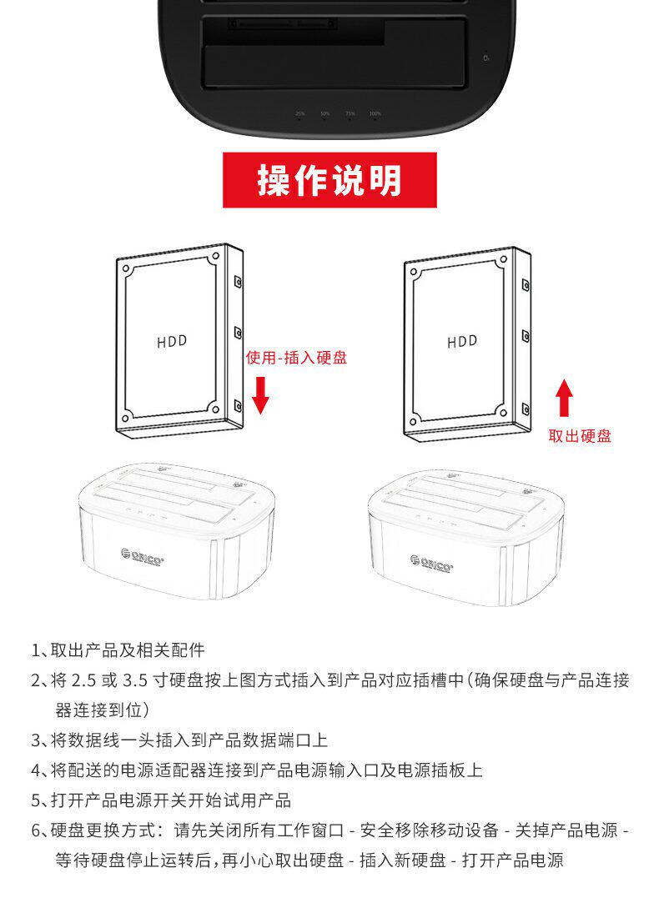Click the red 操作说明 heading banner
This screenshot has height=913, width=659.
coord(329,180)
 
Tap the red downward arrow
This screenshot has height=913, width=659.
coord(260,394)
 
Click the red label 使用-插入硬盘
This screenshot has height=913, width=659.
coord(296,358)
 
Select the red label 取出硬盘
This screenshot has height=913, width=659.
coord(580,435)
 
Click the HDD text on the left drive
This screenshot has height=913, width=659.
coord(172,341)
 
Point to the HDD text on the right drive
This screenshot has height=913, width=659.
coord(462,341)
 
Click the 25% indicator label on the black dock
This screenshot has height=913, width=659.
coord(299,113)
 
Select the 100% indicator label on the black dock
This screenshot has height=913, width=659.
coord(375,113)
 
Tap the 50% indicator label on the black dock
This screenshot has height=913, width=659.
coord(324,113)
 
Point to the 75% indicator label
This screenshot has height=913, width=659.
coord(350,113)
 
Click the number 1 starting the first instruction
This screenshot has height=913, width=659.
coord(36,650)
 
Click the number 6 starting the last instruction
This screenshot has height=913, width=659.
coord(36,830)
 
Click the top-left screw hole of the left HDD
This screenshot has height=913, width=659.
coord(127,269)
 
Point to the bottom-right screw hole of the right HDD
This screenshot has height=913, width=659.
coord(504,409)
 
